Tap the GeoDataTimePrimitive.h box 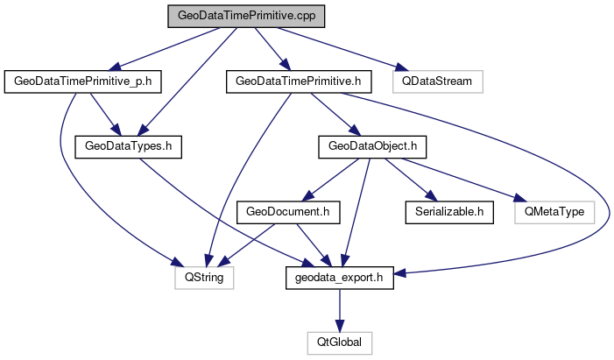tap(299, 81)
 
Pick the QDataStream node tap(437, 81)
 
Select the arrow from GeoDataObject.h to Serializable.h tap(413, 179)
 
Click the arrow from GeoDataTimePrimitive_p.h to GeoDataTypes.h tap(99, 113)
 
